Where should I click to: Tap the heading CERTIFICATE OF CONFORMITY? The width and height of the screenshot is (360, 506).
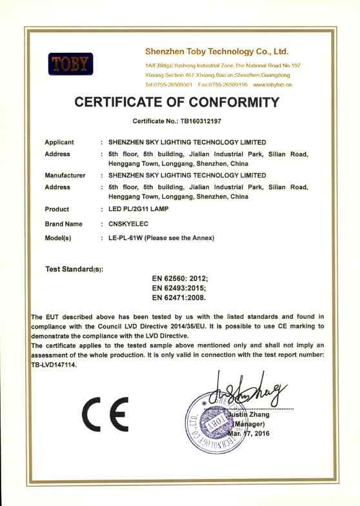pyautogui.click(x=177, y=102)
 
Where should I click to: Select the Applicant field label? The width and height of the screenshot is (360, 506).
pyautogui.click(x=59, y=142)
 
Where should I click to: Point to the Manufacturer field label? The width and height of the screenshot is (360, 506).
pyautogui.click(x=65, y=175)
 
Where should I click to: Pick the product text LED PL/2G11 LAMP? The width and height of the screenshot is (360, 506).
pyautogui.click(x=143, y=209)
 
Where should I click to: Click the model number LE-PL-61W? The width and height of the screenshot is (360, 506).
pyautogui.click(x=125, y=238)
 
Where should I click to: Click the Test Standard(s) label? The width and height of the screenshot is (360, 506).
pyautogui.click(x=75, y=268)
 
